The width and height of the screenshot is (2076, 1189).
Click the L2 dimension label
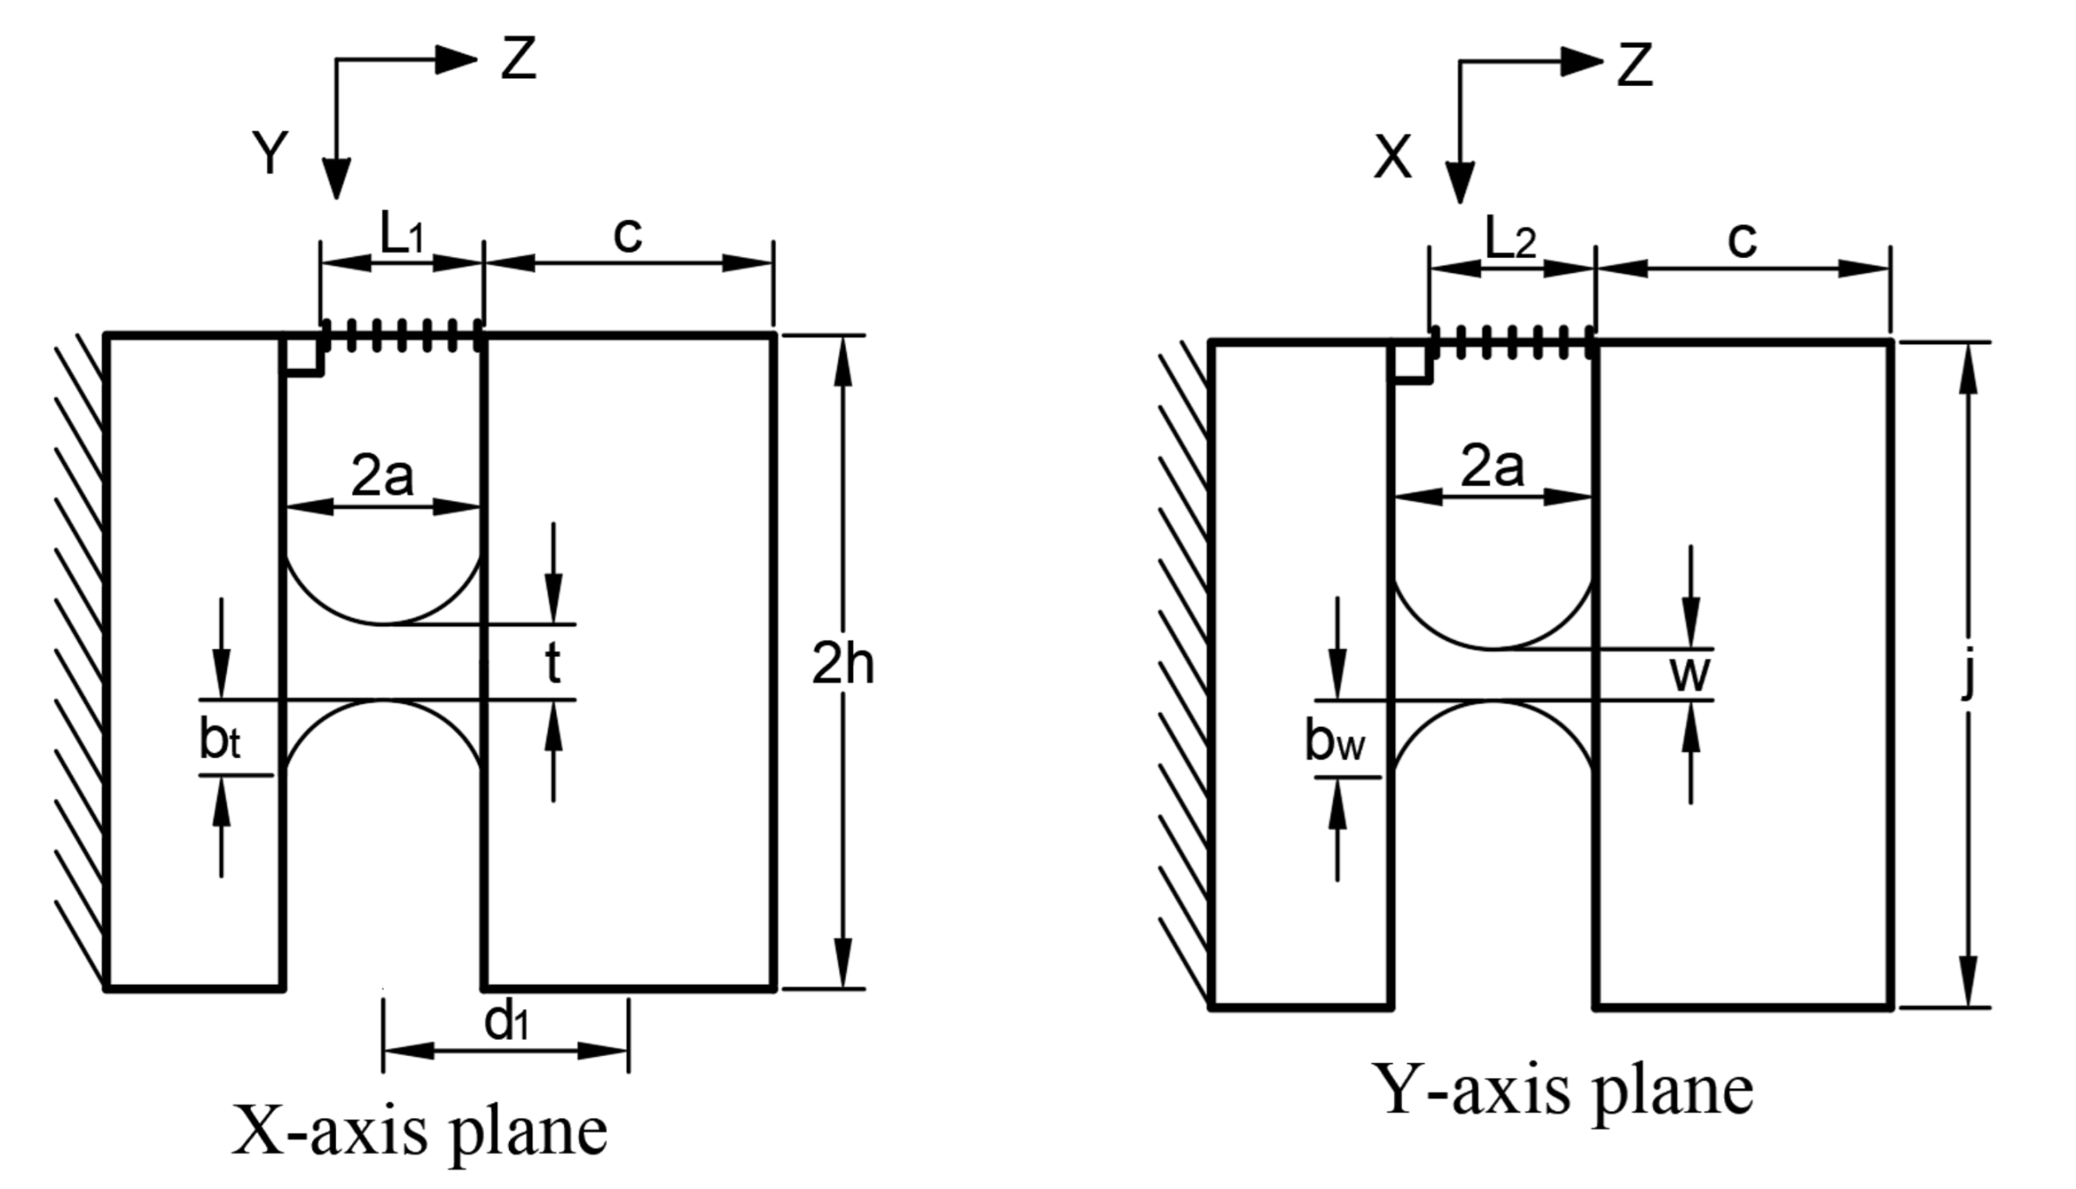[x=1511, y=239]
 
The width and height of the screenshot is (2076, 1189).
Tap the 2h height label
[x=842, y=664]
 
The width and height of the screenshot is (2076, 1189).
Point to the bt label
[x=219, y=741]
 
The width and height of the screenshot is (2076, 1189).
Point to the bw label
[x=1333, y=743]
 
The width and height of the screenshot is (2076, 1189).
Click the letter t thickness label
[x=552, y=664]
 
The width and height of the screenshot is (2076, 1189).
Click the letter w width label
[x=1689, y=674]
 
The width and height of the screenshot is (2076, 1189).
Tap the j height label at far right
[x=1968, y=674]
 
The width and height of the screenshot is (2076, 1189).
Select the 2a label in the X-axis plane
[x=382, y=476]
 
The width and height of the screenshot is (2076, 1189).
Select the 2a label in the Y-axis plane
[x=1491, y=467]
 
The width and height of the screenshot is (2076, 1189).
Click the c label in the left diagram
[x=627, y=234]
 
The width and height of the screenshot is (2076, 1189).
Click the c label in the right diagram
[x=1742, y=240]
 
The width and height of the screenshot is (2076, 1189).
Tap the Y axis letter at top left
[x=270, y=154]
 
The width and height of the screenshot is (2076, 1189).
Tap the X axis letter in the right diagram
[x=1392, y=158]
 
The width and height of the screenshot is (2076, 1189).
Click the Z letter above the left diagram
[x=519, y=59]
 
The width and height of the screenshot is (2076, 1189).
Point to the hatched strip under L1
[x=402, y=336]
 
